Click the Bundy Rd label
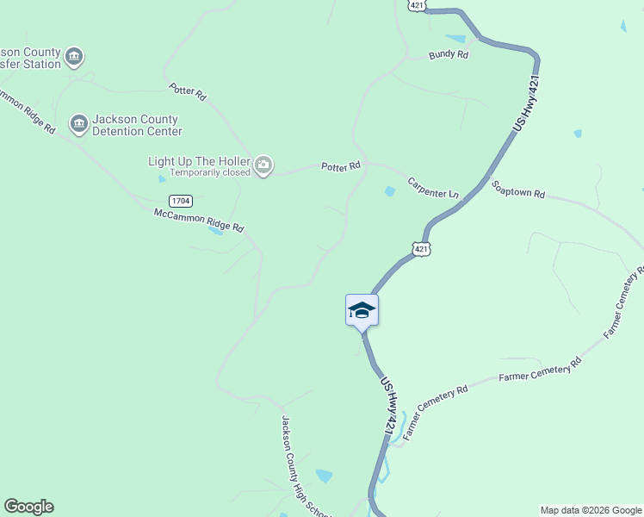[x=449, y=54]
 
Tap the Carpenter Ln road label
[x=432, y=188]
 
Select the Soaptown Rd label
[x=518, y=190]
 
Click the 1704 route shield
[x=180, y=201]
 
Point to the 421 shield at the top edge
[x=415, y=5]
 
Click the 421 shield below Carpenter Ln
[x=420, y=248]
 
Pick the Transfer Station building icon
[x=74, y=57]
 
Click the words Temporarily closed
[x=208, y=172]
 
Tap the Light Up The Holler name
[x=199, y=161]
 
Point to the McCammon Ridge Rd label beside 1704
[x=199, y=221]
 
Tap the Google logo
[x=28, y=507]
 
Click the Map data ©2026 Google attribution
[x=591, y=510]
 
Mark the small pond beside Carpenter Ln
[x=390, y=191]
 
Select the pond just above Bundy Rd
[x=455, y=39]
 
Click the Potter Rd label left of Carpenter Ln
[x=340, y=165]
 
